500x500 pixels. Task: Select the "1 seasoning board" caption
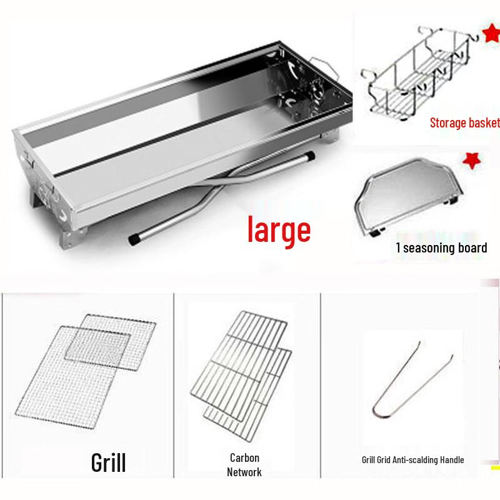tap(441, 248)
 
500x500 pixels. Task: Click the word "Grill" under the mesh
tap(108, 463)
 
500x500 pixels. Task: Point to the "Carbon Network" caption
tap(244, 465)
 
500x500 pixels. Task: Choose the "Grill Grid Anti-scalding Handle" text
tap(412, 460)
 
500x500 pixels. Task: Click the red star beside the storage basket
tap(489, 34)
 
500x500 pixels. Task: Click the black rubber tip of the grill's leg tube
tap(133, 239)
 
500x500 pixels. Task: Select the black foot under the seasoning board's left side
tap(374, 232)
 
